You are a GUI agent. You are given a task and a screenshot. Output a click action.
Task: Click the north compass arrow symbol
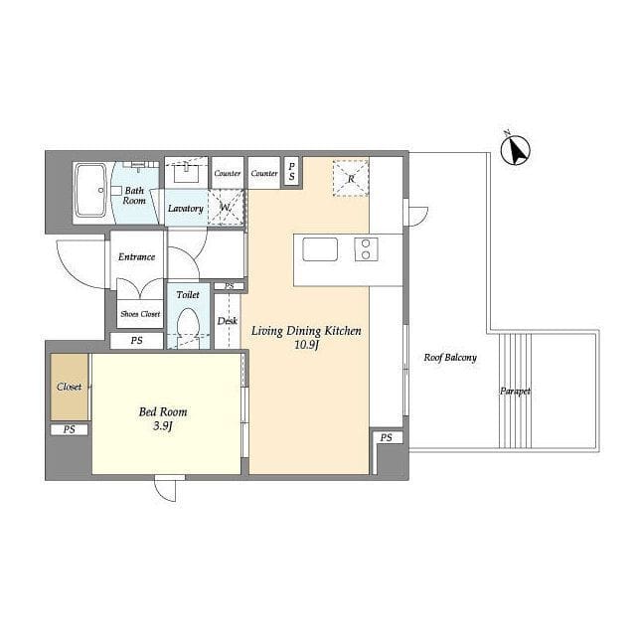tap(516, 151)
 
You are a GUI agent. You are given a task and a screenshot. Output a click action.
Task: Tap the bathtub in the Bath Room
tap(90, 190)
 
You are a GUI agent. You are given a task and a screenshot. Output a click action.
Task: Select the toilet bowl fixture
tap(189, 325)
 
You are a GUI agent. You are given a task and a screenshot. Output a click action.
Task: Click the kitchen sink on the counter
tap(320, 249)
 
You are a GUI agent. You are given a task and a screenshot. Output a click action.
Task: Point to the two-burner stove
tap(367, 249)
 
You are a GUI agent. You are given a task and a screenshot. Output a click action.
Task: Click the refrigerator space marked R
tap(351, 179)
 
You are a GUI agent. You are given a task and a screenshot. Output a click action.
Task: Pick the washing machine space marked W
tap(226, 208)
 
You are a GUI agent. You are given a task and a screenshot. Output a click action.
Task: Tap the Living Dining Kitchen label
tap(306, 331)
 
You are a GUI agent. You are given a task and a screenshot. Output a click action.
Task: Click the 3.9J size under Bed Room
tap(163, 426)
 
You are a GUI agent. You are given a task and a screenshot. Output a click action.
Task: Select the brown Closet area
tap(70, 387)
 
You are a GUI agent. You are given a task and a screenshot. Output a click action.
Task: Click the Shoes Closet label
tap(140, 314)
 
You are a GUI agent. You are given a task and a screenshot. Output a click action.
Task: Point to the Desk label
tap(228, 321)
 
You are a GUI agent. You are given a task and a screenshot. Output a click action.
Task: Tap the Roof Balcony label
tap(450, 358)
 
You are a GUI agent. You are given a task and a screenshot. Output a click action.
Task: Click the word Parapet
tap(515, 392)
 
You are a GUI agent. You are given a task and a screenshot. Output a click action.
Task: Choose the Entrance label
tap(137, 256)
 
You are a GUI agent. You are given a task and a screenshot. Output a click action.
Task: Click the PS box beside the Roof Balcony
tap(387, 437)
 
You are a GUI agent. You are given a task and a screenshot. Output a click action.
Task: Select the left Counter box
tap(228, 173)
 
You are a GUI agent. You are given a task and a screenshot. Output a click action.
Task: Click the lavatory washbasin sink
tap(186, 174)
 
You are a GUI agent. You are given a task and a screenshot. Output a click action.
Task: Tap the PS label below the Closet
tap(70, 429)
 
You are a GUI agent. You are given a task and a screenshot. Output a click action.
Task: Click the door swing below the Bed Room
tap(166, 490)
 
